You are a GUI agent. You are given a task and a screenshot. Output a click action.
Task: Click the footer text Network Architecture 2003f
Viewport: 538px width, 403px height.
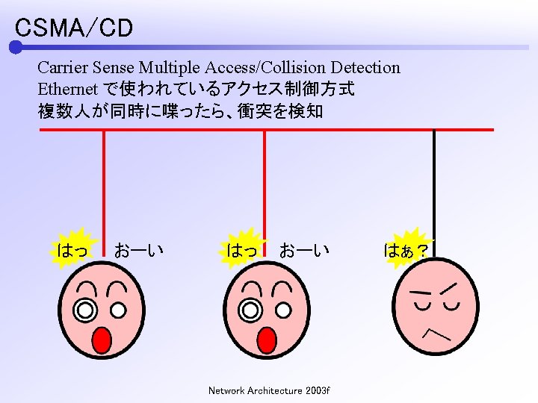[269, 390]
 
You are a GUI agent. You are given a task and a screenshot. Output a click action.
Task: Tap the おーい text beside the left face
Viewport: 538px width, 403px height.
[139, 250]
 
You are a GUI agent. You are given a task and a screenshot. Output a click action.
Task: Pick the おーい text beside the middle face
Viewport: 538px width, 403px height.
[304, 250]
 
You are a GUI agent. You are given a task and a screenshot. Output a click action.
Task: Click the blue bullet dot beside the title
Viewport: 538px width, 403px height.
[16, 48]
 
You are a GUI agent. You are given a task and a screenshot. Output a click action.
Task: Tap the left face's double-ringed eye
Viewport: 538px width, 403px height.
[86, 308]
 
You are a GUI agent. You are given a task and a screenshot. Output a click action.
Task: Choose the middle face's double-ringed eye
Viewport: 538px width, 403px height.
[250, 308]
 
